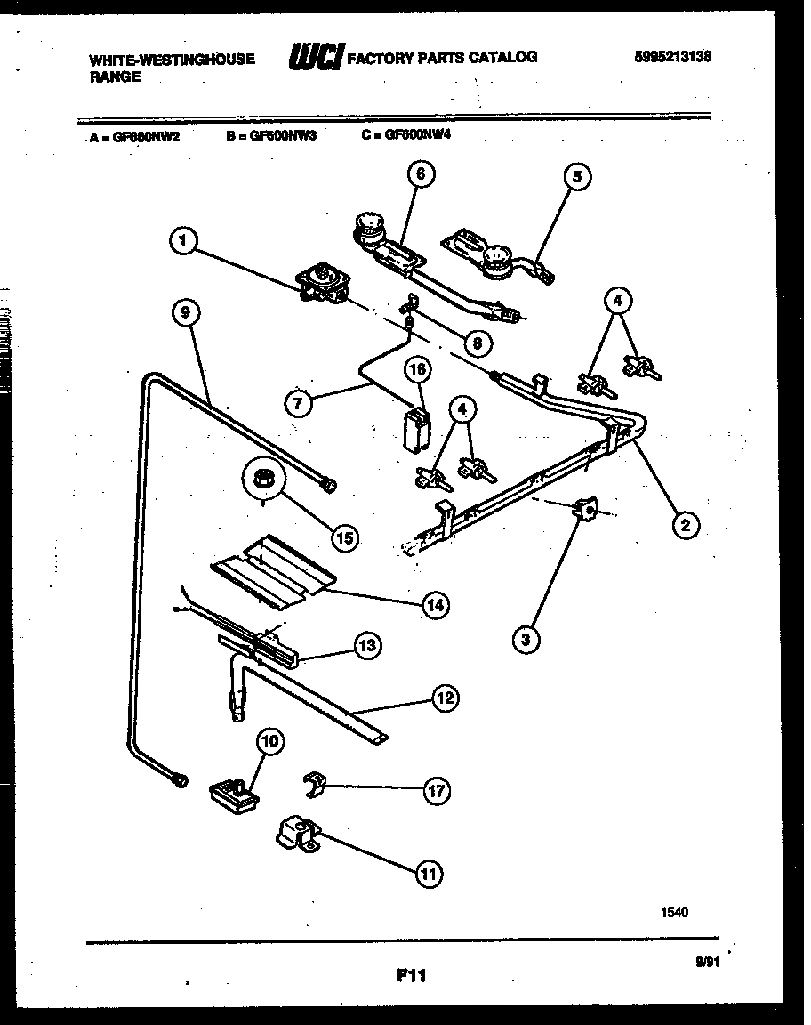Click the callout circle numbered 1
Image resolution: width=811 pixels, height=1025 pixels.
click(x=182, y=240)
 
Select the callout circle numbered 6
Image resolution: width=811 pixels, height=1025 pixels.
click(x=421, y=175)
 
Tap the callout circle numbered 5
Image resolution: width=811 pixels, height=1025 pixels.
click(x=577, y=177)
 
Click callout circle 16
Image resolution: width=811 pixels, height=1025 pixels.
click(x=418, y=368)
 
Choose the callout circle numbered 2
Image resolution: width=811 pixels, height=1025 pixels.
click(x=685, y=526)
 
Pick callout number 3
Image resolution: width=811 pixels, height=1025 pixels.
click(x=526, y=638)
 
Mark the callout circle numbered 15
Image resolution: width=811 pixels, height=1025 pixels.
click(x=344, y=537)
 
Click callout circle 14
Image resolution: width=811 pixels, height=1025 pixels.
click(x=435, y=606)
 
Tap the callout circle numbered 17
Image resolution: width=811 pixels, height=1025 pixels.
click(x=436, y=790)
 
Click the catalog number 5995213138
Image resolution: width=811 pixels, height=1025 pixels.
click(x=673, y=57)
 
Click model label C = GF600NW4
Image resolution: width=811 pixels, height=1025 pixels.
click(x=412, y=136)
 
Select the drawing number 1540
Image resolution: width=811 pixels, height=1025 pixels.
click(x=673, y=911)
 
